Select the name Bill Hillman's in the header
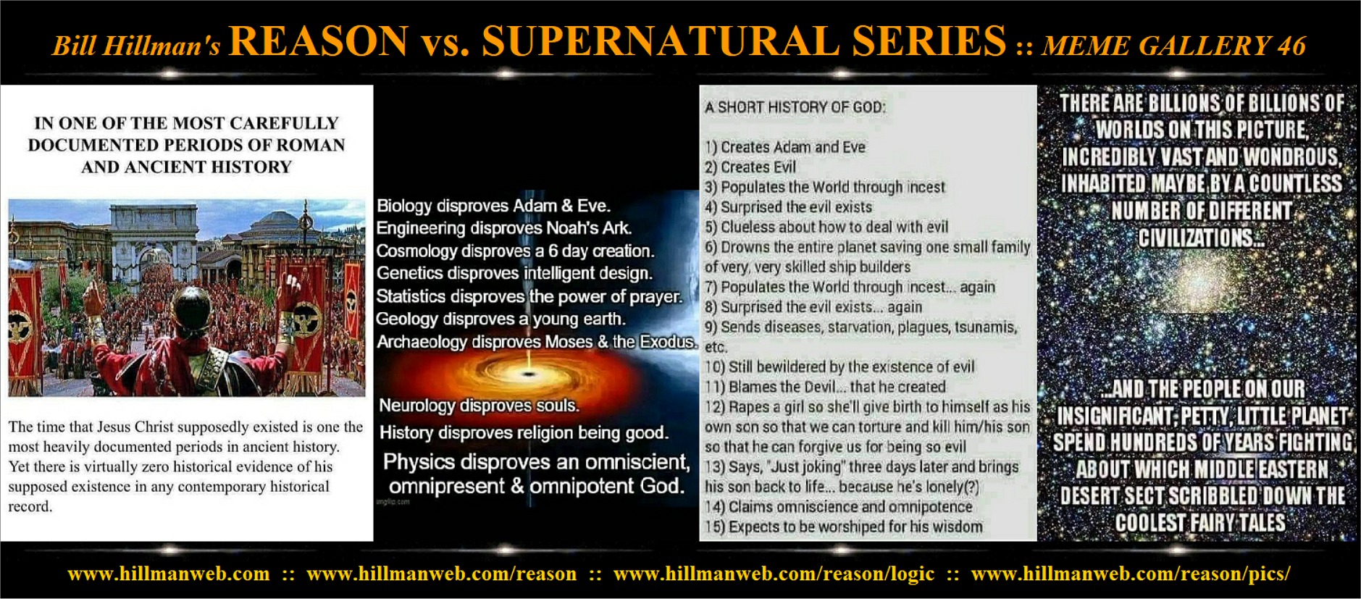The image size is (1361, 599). [x=136, y=46]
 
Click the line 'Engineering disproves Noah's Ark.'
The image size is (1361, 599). [x=503, y=228]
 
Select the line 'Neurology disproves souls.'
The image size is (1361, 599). [x=479, y=406]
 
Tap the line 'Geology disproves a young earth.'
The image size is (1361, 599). [x=500, y=319]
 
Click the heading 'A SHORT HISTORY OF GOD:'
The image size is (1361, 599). [x=795, y=107]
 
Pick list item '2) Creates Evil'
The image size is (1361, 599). [x=750, y=167]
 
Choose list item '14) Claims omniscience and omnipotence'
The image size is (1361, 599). [x=839, y=506]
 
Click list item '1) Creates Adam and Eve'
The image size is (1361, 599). [x=785, y=147]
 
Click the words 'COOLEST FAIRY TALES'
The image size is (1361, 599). [x=1200, y=522]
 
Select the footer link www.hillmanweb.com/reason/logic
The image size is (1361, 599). [x=774, y=574]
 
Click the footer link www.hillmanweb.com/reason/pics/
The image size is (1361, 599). [x=1131, y=574]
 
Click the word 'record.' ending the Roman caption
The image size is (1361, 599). [x=30, y=506]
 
